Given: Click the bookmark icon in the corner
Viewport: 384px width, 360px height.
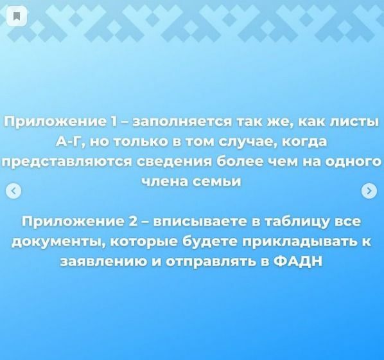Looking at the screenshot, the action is tap(17, 17).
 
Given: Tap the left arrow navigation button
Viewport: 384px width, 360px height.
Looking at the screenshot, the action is tap(13, 191).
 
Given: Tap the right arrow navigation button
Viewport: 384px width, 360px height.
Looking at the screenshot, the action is tap(369, 191).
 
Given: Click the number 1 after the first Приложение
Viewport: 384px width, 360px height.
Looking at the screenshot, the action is tap(114, 122).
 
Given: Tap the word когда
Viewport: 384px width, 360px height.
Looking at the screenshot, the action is tap(305, 142).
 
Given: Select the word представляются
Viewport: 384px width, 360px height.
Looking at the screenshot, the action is tap(67, 163).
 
